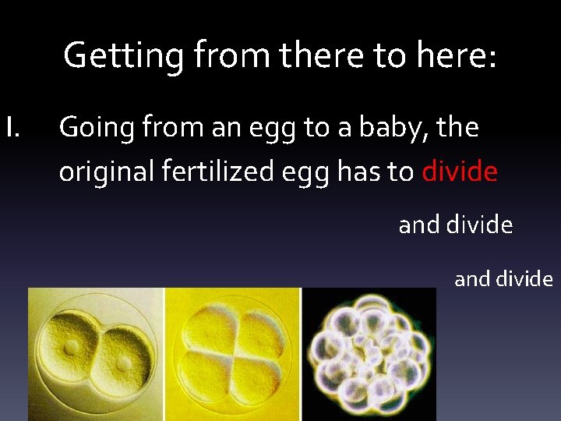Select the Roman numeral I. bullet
pyautogui.click(x=16, y=127)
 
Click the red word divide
pyautogui.click(x=460, y=172)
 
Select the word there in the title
pyautogui.click(x=316, y=56)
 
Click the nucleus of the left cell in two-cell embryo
pyautogui.click(x=71, y=346)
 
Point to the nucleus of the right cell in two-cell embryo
pyautogui.click(x=123, y=363)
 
